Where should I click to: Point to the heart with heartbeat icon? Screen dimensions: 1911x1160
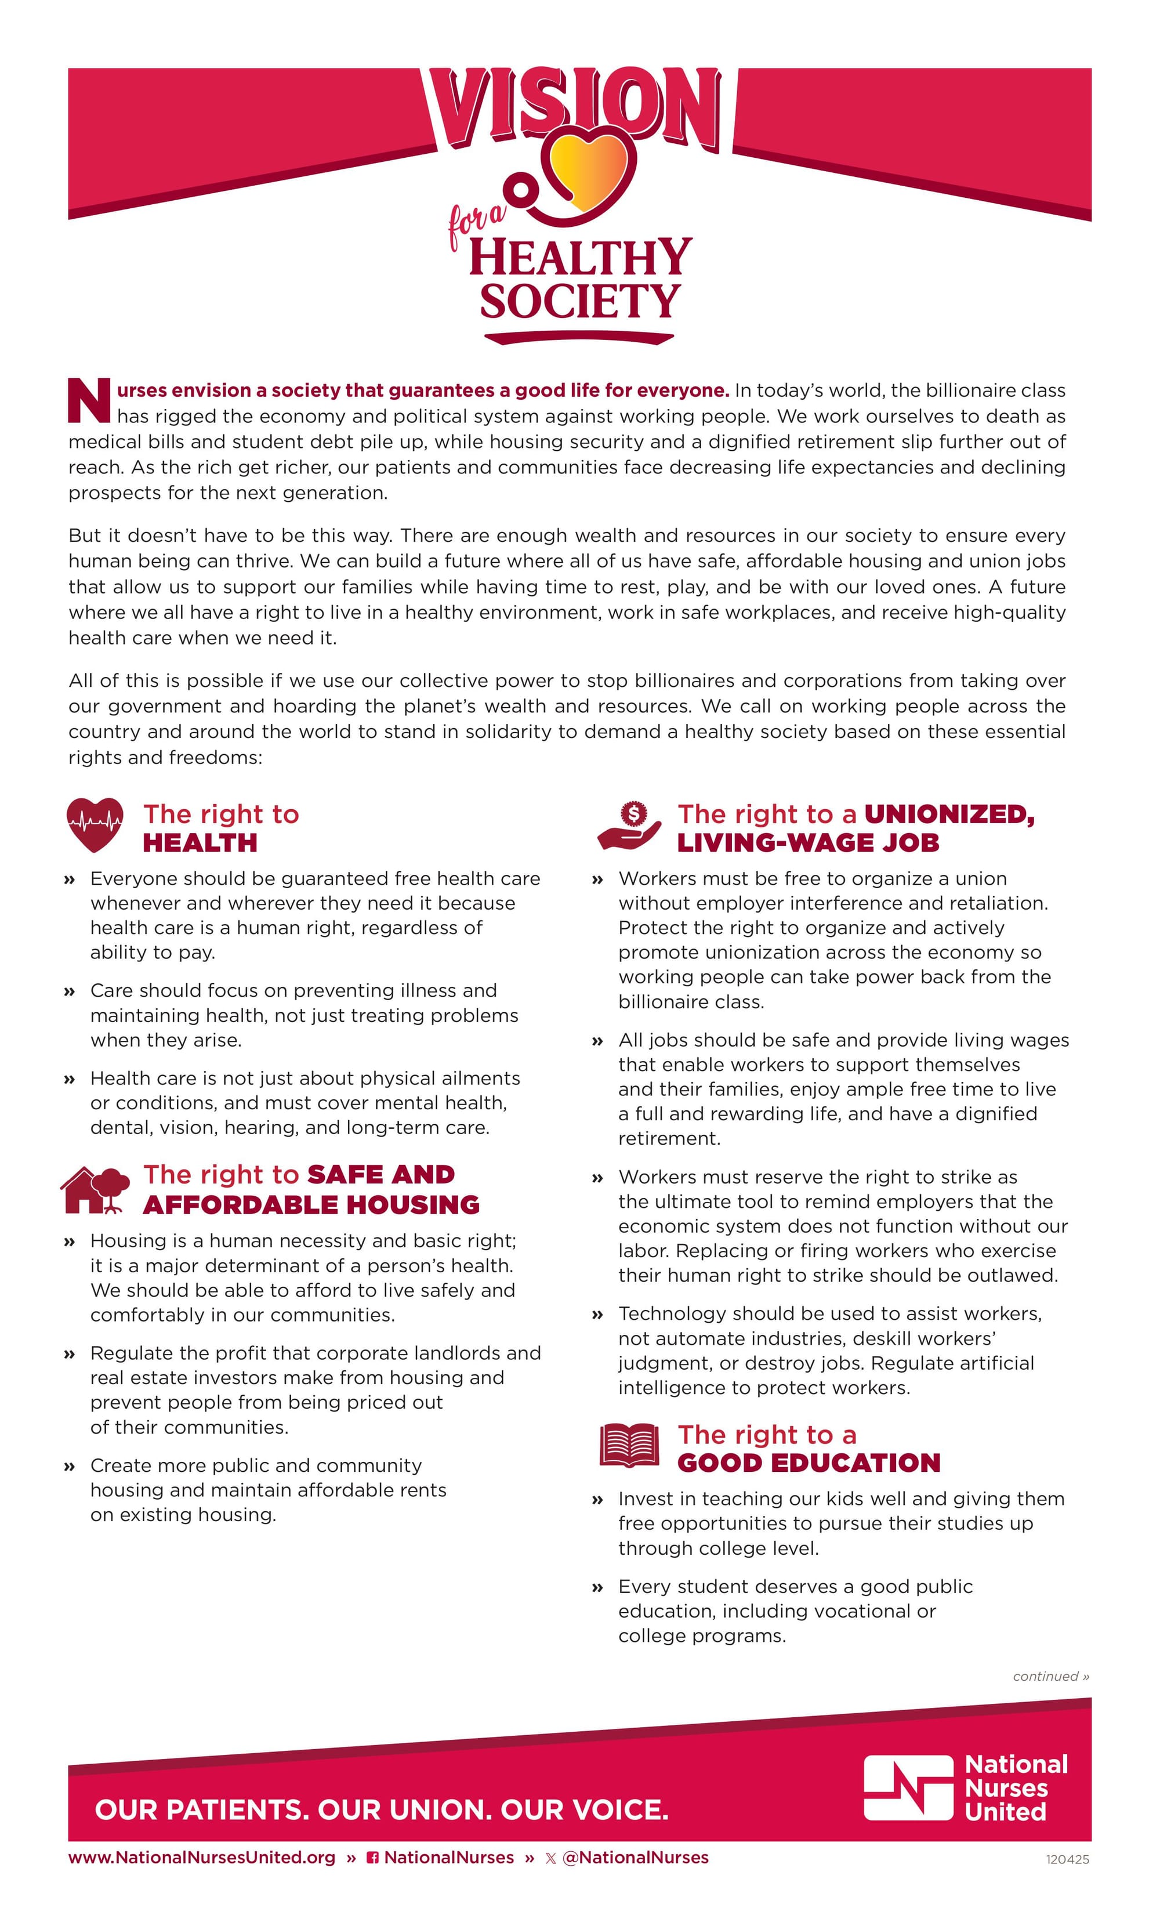click(95, 824)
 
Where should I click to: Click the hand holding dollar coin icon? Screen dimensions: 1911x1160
click(630, 826)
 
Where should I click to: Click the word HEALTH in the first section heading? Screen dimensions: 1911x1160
click(200, 843)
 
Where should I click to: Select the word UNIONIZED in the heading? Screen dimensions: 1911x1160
click(949, 815)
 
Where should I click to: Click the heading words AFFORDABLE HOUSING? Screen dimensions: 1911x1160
click(311, 1204)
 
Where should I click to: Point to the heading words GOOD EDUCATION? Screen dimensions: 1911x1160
click(809, 1463)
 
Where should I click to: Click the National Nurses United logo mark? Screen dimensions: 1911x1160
click(908, 1787)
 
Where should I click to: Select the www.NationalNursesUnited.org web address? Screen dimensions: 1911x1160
click(202, 1858)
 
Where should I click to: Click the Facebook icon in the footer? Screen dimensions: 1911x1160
click(373, 1858)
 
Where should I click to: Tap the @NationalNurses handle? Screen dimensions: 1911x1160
click(635, 1858)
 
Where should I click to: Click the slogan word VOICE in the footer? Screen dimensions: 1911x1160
click(621, 1810)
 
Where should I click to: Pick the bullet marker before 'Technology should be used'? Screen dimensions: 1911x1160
click(597, 1315)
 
